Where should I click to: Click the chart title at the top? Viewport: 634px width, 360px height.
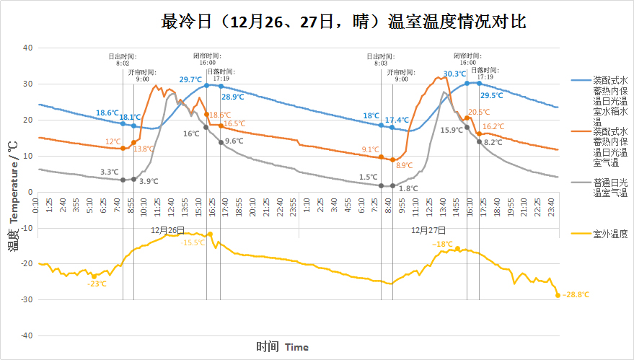pyautogui.click(x=343, y=22)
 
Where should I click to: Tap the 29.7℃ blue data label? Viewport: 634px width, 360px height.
pyautogui.click(x=190, y=80)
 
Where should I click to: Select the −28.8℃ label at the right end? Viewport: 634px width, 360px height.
pyautogui.click(x=575, y=295)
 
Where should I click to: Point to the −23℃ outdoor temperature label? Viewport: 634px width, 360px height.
pyautogui.click(x=97, y=284)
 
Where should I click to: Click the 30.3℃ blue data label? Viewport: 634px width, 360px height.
pyautogui.click(x=454, y=74)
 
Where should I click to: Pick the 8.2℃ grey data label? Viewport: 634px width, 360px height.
pyautogui.click(x=493, y=143)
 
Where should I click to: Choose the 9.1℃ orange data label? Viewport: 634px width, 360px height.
pyautogui.click(x=370, y=149)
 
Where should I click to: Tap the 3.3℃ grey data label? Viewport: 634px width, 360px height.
pyautogui.click(x=109, y=172)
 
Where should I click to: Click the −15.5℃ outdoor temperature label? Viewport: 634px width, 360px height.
pyautogui.click(x=193, y=242)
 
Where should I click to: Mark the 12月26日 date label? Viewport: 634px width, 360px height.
pyautogui.click(x=167, y=230)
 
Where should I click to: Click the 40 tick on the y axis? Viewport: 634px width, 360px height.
pyautogui.click(x=28, y=48)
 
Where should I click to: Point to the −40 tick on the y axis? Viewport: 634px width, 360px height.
pyautogui.click(x=27, y=336)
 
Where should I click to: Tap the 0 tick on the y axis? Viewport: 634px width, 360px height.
pyautogui.click(x=30, y=192)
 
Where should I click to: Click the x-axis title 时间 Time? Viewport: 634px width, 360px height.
pyautogui.click(x=282, y=347)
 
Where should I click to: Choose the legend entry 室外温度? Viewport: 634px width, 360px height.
pyautogui.click(x=610, y=234)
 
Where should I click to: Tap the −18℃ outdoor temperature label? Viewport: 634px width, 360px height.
pyautogui.click(x=442, y=245)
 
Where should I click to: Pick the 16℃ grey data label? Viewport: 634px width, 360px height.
pyautogui.click(x=191, y=133)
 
